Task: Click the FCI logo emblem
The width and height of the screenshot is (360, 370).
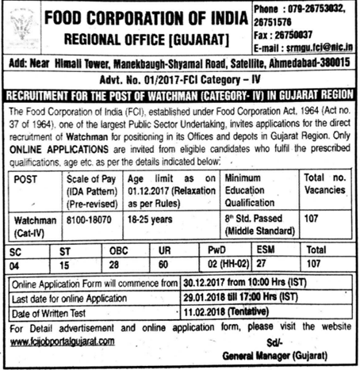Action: point(22,26)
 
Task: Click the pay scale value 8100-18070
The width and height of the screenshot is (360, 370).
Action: point(88,216)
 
